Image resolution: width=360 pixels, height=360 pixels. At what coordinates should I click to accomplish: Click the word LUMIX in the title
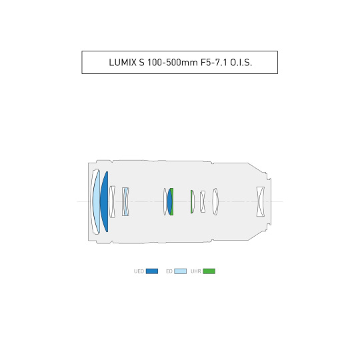pyautogui.click(x=123, y=63)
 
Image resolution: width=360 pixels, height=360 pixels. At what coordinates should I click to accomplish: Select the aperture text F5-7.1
pyautogui.click(x=213, y=63)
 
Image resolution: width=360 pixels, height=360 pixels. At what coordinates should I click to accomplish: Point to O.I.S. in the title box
pyautogui.click(x=241, y=63)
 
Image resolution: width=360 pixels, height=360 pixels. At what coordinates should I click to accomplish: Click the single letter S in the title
pyautogui.click(x=141, y=63)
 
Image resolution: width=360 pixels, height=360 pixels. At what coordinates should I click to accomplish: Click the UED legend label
pyautogui.click(x=139, y=271)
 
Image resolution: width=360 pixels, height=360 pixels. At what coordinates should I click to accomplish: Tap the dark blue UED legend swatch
pyautogui.click(x=152, y=271)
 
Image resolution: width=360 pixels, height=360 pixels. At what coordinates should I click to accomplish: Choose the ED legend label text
pyautogui.click(x=169, y=271)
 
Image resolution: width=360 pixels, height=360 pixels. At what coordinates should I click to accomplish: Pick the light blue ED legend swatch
pyautogui.click(x=180, y=271)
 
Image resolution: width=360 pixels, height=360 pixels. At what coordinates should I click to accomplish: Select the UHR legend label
pyautogui.click(x=196, y=271)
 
